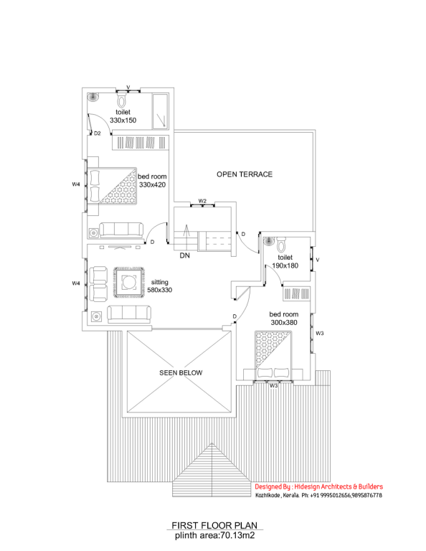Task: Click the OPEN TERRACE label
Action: pyautogui.click(x=245, y=174)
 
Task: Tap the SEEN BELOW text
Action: pyautogui.click(x=181, y=373)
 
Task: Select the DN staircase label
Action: pyautogui.click(x=185, y=255)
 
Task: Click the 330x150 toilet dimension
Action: pyautogui.click(x=123, y=121)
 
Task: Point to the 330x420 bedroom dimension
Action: pyautogui.click(x=153, y=185)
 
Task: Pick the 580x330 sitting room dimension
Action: pyautogui.click(x=160, y=290)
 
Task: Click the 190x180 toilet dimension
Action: pyautogui.click(x=285, y=265)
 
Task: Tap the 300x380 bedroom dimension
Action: pyautogui.click(x=284, y=323)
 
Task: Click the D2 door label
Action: pyautogui.click(x=98, y=133)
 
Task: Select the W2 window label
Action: pyautogui.click(x=202, y=201)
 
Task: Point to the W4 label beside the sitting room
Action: pyautogui.click(x=76, y=283)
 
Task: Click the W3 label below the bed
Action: pyautogui.click(x=273, y=386)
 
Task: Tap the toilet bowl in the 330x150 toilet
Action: pyautogui.click(x=121, y=100)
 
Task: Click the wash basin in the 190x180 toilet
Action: pyautogui.click(x=269, y=241)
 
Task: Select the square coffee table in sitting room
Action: pyautogui.click(x=129, y=282)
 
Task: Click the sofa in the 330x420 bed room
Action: pyautogui.click(x=121, y=230)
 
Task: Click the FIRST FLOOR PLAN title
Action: pyautogui.click(x=214, y=525)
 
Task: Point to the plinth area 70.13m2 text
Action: pyautogui.click(x=214, y=535)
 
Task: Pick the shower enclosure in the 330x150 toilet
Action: pyautogui.click(x=160, y=111)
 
